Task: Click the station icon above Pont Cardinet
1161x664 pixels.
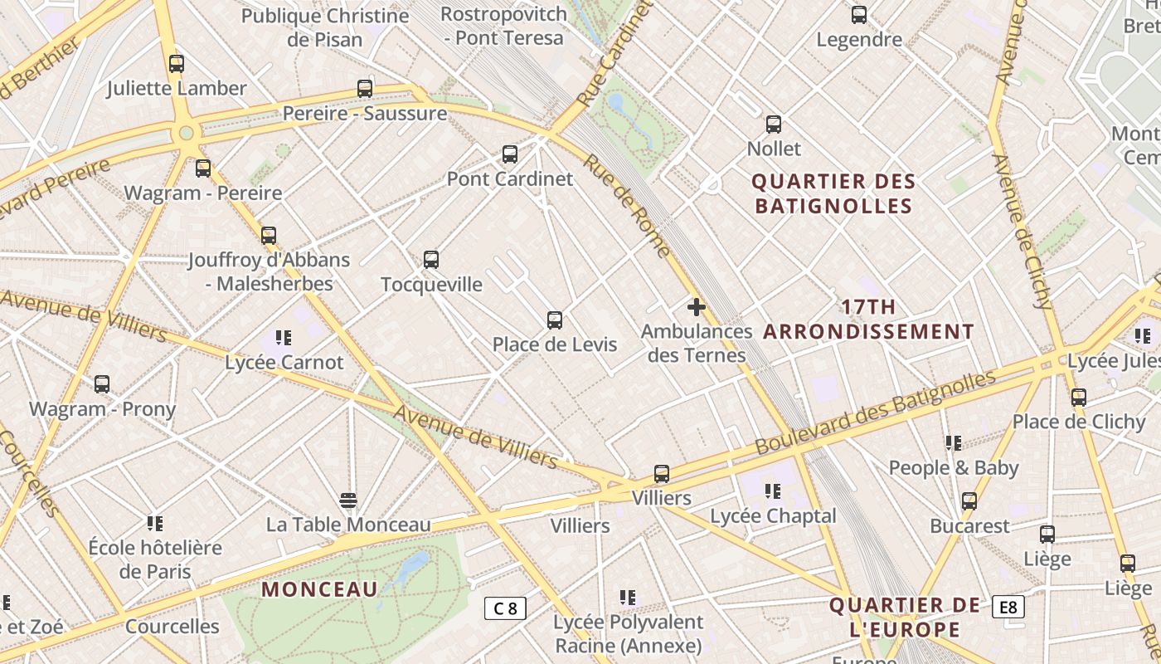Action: click(x=510, y=154)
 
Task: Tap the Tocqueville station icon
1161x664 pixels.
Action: click(x=431, y=260)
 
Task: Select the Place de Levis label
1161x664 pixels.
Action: click(x=555, y=344)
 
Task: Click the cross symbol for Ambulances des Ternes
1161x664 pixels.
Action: click(x=697, y=308)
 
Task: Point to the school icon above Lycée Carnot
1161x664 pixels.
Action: click(x=284, y=338)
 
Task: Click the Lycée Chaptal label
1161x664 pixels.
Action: click(x=773, y=516)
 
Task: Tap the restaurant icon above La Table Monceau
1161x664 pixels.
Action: click(x=348, y=500)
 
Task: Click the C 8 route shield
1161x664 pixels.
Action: click(x=505, y=608)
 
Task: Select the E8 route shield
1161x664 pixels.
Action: click(x=1008, y=608)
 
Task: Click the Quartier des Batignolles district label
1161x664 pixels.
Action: click(x=834, y=193)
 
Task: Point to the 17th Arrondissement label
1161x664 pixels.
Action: click(x=868, y=320)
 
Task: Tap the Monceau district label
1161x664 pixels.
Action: click(x=320, y=589)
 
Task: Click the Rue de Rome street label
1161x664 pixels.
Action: click(x=627, y=205)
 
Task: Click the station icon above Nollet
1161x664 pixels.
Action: click(x=774, y=124)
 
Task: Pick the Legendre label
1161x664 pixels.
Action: click(x=859, y=39)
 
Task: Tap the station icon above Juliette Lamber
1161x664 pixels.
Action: click(x=177, y=64)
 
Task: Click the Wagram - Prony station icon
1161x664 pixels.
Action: click(x=102, y=384)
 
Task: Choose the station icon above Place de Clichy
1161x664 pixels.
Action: click(x=1078, y=398)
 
